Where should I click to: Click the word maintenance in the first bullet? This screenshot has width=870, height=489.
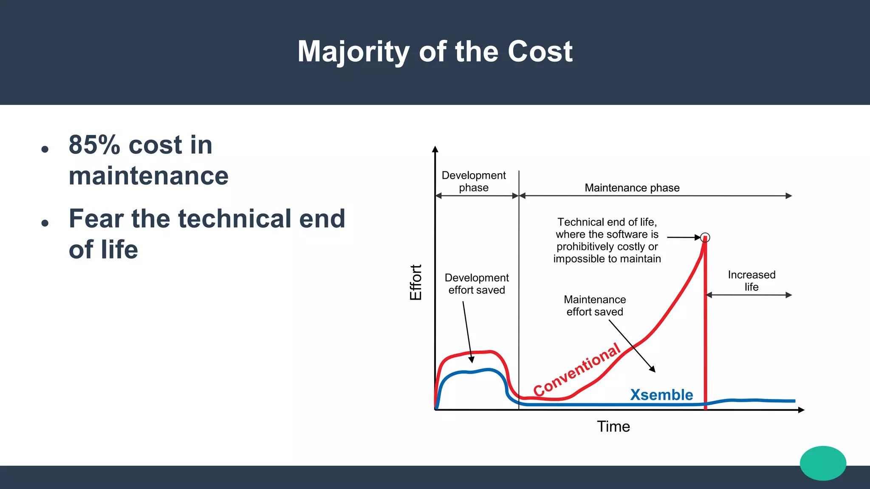pyautogui.click(x=149, y=176)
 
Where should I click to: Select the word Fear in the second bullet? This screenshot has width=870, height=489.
pyautogui.click(x=96, y=219)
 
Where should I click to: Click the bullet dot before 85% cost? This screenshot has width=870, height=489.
pyautogui.click(x=45, y=149)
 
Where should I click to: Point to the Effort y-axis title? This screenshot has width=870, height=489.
pyautogui.click(x=416, y=282)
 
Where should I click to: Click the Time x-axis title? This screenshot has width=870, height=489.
pyautogui.click(x=613, y=427)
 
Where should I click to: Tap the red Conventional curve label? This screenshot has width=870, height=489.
pyautogui.click(x=577, y=370)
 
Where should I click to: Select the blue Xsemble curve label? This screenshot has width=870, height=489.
pyautogui.click(x=661, y=395)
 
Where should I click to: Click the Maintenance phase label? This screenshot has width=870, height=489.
pyautogui.click(x=632, y=188)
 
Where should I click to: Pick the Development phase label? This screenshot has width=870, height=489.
pyautogui.click(x=474, y=181)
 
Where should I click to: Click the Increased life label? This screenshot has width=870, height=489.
pyautogui.click(x=751, y=281)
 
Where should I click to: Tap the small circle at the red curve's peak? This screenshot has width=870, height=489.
pyautogui.click(x=705, y=237)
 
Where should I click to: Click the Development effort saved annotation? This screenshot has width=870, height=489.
pyautogui.click(x=477, y=284)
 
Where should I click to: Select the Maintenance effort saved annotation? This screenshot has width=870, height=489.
pyautogui.click(x=595, y=306)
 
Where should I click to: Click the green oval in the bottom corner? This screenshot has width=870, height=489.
pyautogui.click(x=823, y=463)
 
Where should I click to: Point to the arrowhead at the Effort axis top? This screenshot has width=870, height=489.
pyautogui.click(x=435, y=149)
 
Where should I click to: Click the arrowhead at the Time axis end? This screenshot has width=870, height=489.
pyautogui.click(x=801, y=410)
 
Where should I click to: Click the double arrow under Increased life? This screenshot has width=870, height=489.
pyautogui.click(x=749, y=295)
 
